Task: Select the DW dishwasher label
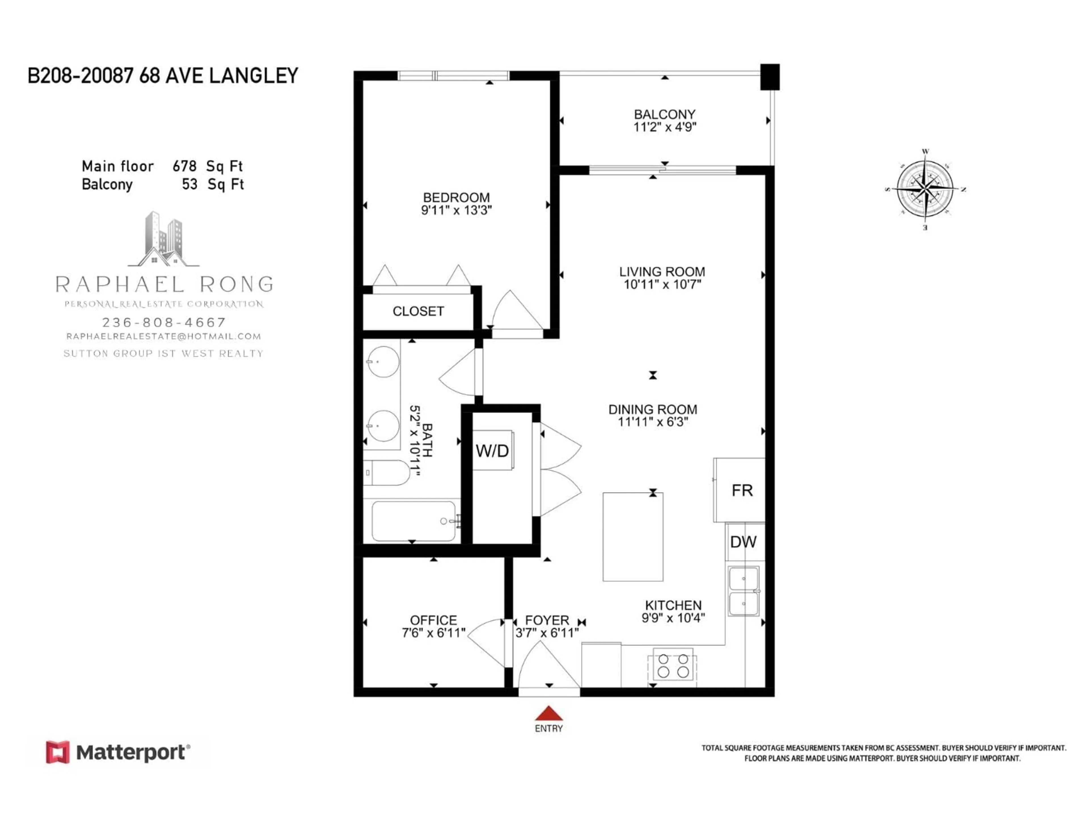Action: point(743,542)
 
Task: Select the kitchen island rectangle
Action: point(633,537)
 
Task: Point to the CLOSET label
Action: point(418,311)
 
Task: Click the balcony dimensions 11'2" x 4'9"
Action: point(665,127)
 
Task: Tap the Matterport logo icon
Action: point(58,752)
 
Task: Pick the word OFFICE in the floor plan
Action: point(433,620)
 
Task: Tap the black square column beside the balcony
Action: point(769,77)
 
